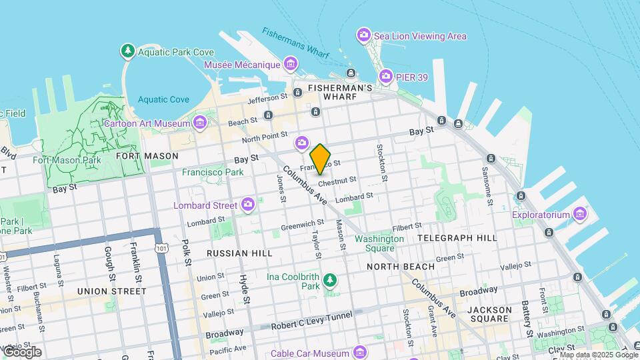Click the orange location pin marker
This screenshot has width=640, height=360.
pyautogui.click(x=321, y=159)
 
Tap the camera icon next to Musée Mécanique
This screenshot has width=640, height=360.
pyautogui.click(x=291, y=64)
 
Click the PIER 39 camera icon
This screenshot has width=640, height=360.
pyautogui.click(x=385, y=77)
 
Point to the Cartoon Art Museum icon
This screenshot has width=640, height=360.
pyautogui.click(x=199, y=122)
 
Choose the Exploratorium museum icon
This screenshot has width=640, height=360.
pyautogui.click(x=580, y=214)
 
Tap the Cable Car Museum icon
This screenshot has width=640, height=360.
pyautogui.click(x=360, y=352)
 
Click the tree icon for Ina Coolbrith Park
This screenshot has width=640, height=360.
pyautogui.click(x=329, y=279)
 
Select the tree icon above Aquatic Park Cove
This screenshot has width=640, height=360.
pyautogui.click(x=127, y=51)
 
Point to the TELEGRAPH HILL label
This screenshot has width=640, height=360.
pyautogui.click(x=457, y=237)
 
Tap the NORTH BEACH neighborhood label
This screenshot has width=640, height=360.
pyautogui.click(x=401, y=266)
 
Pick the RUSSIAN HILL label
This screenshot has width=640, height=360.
pyautogui.click(x=239, y=253)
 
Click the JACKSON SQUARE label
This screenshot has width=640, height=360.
pyautogui.click(x=489, y=315)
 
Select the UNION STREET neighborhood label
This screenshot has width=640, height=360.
pyautogui.click(x=112, y=291)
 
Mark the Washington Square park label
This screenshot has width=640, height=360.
pyautogui.click(x=379, y=243)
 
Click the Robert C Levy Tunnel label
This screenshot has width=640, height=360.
pyautogui.click(x=311, y=325)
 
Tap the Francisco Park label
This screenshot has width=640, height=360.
pyautogui.click(x=213, y=172)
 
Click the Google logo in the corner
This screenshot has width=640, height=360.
pyautogui.click(x=21, y=352)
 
